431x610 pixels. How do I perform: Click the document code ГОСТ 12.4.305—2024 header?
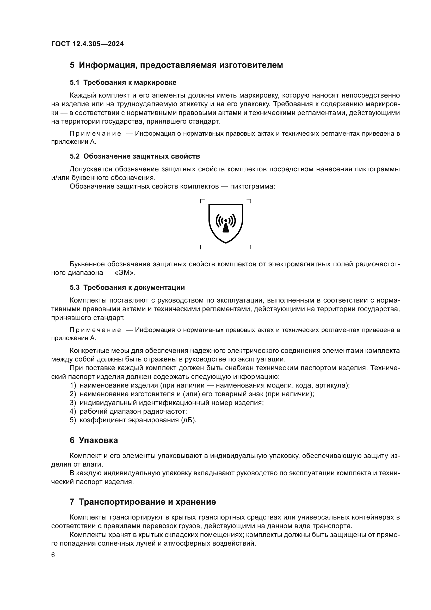coord(87,44)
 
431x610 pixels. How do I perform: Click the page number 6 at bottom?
coord(53,555)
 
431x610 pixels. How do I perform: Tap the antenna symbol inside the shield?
coord(226,223)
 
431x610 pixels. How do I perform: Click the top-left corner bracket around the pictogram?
coord(202,201)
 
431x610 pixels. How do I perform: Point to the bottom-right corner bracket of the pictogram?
coord(249,247)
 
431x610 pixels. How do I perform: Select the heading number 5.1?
coord(75,83)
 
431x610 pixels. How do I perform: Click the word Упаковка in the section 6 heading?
coord(98,440)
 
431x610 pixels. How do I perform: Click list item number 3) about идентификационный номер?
coord(73,403)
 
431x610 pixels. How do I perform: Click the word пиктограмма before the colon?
coord(252,186)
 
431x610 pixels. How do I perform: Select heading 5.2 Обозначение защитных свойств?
coord(135,156)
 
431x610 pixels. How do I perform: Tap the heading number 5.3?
coord(75,287)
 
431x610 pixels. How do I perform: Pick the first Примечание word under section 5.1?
coord(95,134)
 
